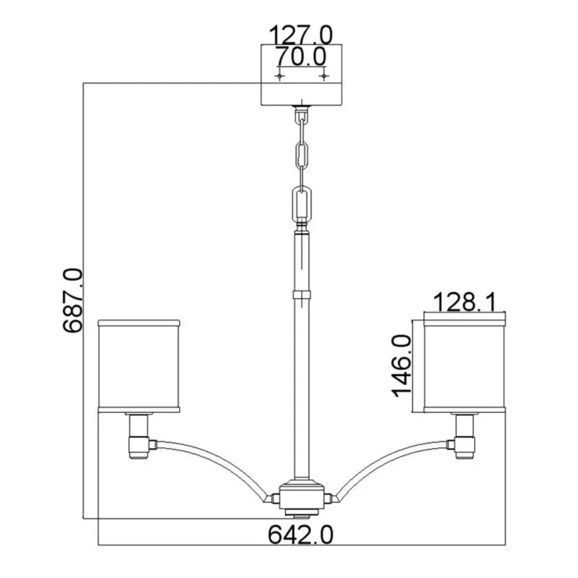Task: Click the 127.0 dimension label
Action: pyautogui.click(x=301, y=35)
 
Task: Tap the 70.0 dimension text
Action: pyautogui.click(x=301, y=57)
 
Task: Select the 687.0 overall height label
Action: pyautogui.click(x=72, y=300)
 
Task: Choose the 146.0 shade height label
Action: pyautogui.click(x=402, y=366)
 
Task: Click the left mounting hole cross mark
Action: pyautogui.click(x=279, y=77)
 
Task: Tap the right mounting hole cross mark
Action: pyautogui.click(x=324, y=77)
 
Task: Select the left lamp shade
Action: pyautogui.click(x=139, y=366)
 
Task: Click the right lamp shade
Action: pyautogui.click(x=465, y=366)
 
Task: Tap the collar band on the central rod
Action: pyautogui.click(x=302, y=294)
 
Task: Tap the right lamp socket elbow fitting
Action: pyautogui.click(x=465, y=445)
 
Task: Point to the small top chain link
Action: pyautogui.click(x=301, y=120)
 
